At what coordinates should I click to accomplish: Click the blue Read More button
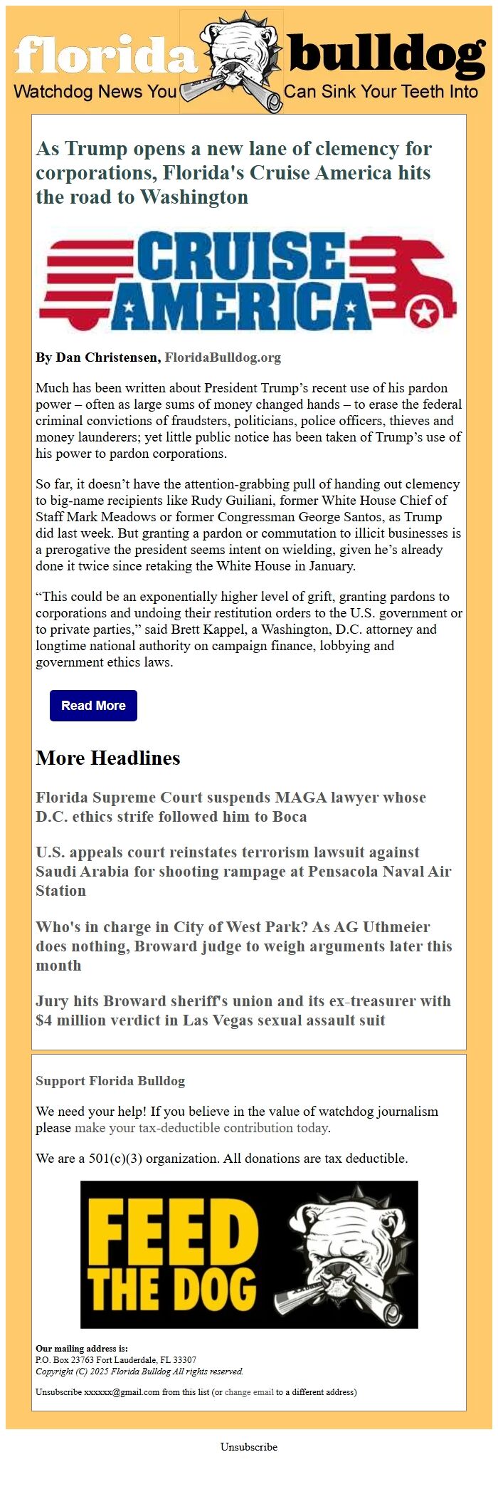(93, 705)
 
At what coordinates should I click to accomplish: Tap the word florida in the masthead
(105, 54)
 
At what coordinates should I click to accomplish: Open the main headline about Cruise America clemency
(233, 173)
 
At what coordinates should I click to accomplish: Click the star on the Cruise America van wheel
(425, 312)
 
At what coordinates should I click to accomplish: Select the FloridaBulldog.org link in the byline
(223, 357)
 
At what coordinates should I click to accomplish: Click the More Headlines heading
(108, 758)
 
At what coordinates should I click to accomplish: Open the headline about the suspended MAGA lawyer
(231, 807)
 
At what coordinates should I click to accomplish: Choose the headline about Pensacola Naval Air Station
(243, 871)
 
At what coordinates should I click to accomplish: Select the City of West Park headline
(243, 946)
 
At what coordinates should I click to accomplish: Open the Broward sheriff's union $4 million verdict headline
(243, 1010)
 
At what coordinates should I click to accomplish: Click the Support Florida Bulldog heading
(110, 1080)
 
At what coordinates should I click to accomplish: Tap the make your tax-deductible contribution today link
(201, 1127)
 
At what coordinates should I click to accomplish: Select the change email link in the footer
(249, 1391)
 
